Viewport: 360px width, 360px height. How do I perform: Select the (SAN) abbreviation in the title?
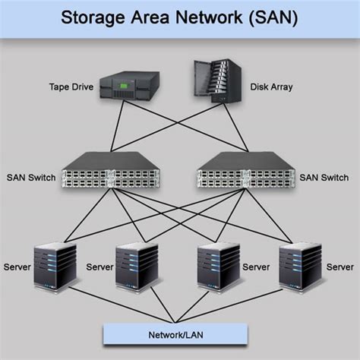(x=270, y=17)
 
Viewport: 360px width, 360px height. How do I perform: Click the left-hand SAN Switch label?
(x=30, y=177)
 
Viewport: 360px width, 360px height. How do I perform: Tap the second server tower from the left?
(x=137, y=267)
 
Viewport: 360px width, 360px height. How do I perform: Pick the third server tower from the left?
(x=219, y=267)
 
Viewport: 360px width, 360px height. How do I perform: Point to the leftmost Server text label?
(x=17, y=267)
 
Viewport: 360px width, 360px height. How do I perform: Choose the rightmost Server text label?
(x=339, y=267)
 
